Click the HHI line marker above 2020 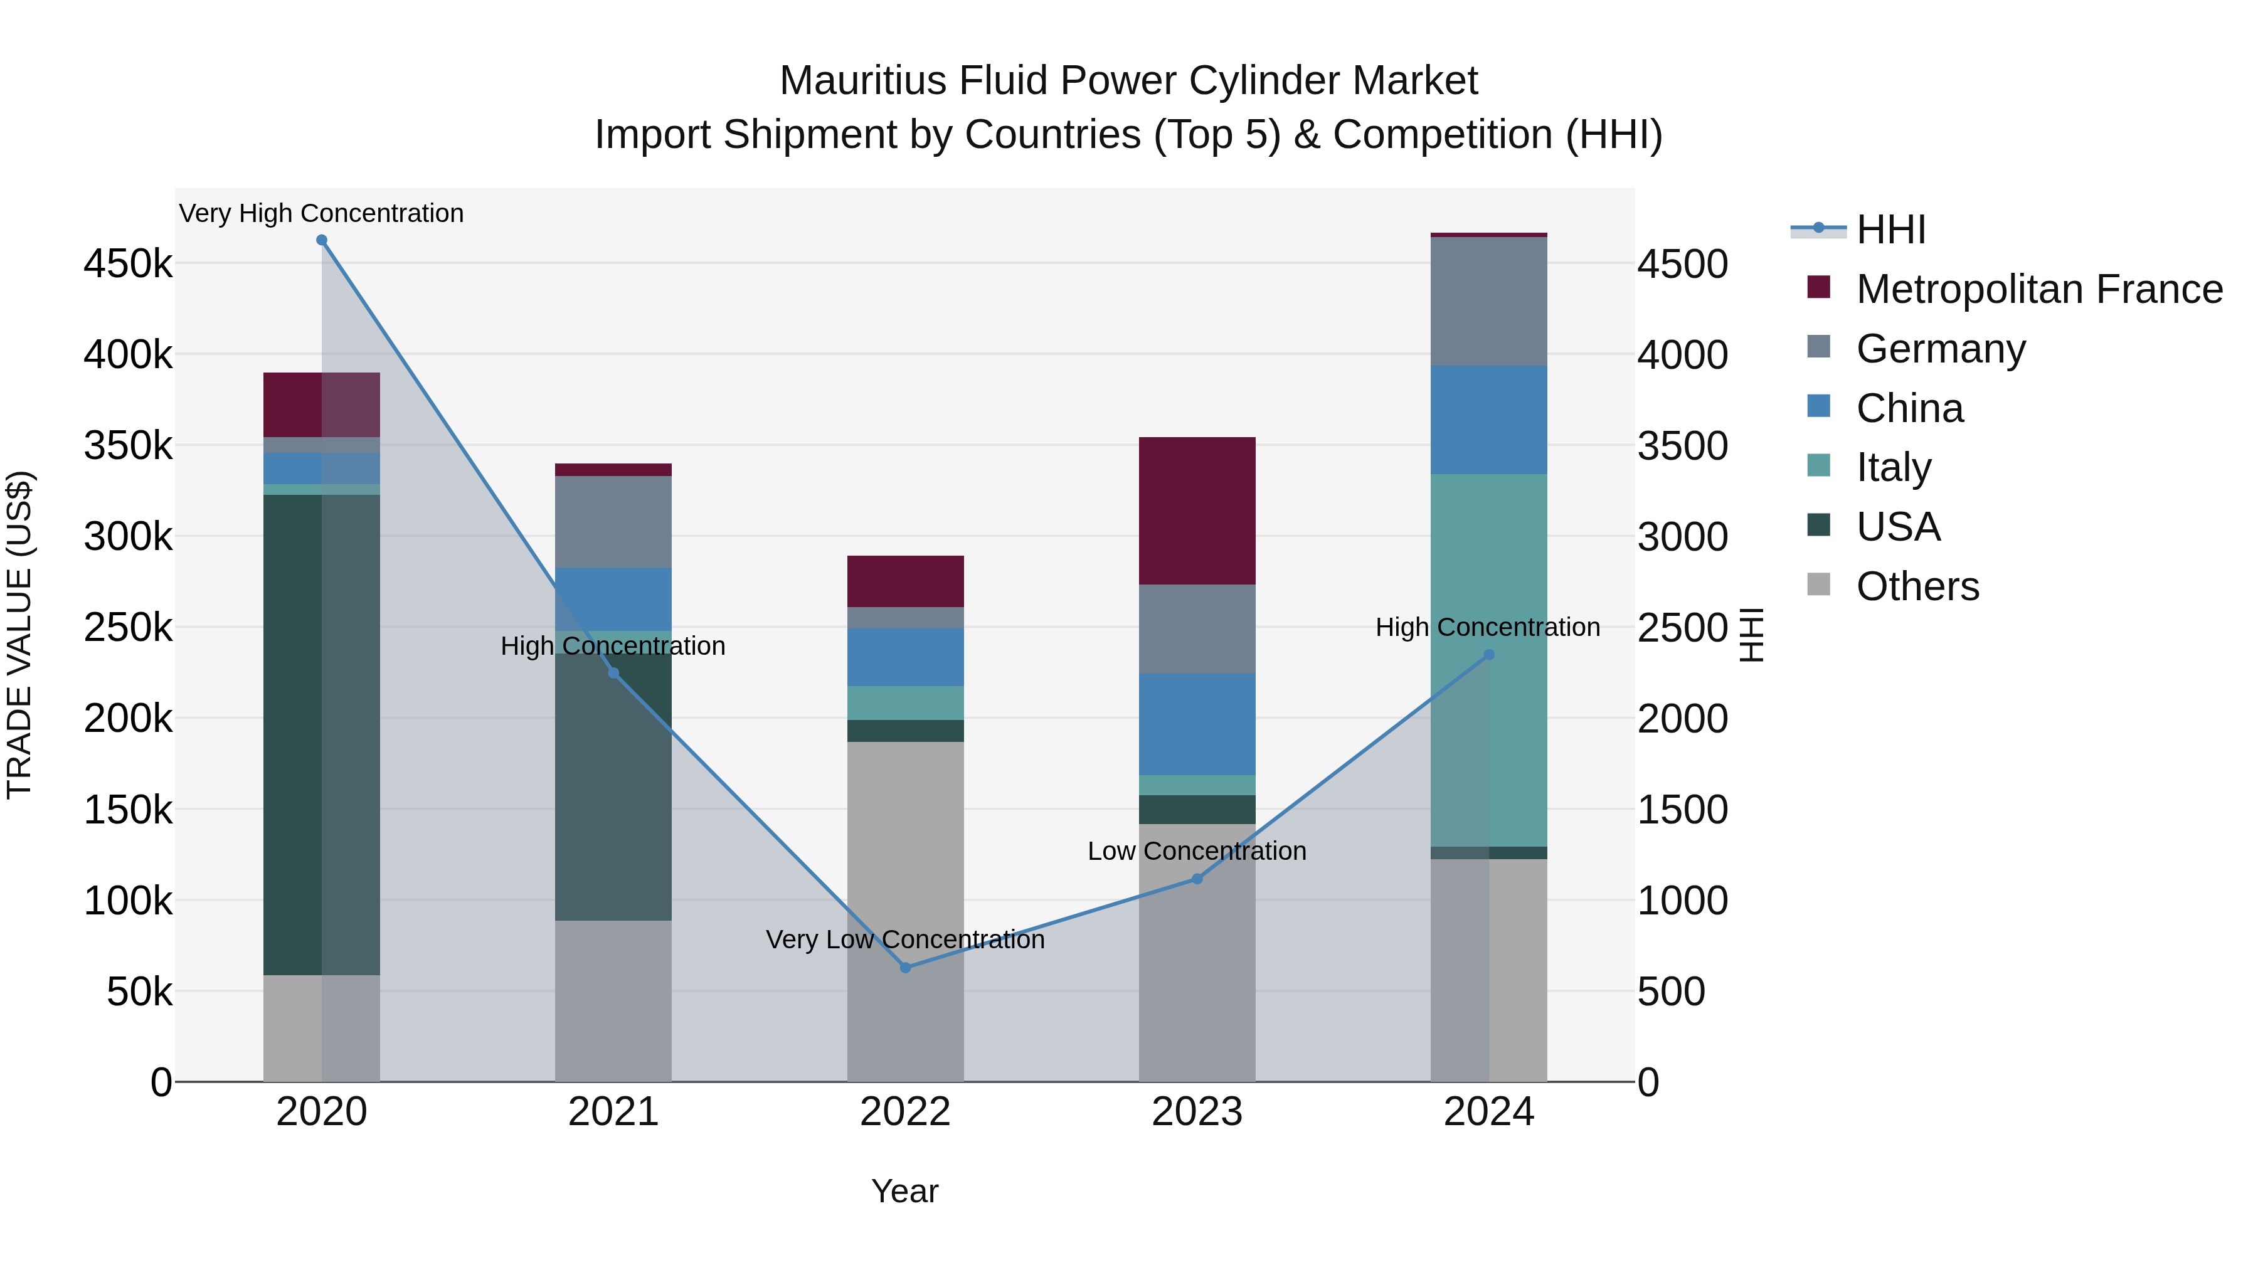[x=322, y=240]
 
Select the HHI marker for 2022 [x=906, y=968]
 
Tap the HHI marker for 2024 [x=1488, y=655]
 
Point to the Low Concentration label [x=1197, y=851]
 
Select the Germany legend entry [x=1940, y=349]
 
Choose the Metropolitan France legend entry [x=2039, y=289]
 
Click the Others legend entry [x=1917, y=586]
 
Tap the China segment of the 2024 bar [x=1488, y=420]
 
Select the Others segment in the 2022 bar [x=906, y=911]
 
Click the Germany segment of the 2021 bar [x=613, y=522]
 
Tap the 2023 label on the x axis [x=1197, y=1112]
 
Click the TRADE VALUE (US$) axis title [x=19, y=635]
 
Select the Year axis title [x=904, y=1191]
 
